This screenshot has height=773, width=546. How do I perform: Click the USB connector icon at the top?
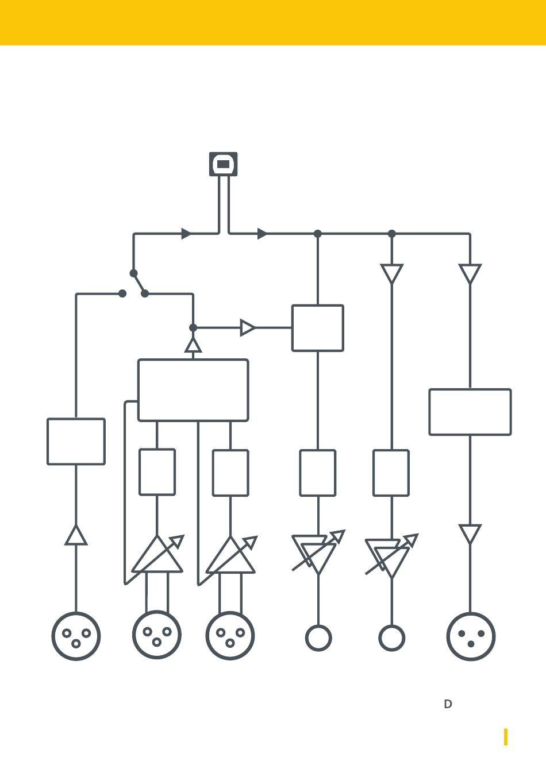[x=223, y=164]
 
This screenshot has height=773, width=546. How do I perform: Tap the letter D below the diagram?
[x=448, y=704]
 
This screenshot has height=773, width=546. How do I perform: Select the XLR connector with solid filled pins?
[x=471, y=637]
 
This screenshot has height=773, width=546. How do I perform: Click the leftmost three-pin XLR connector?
[x=76, y=636]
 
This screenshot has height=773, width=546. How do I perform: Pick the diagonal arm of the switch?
[x=139, y=284]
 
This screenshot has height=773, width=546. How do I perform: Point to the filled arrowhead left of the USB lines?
[x=186, y=234]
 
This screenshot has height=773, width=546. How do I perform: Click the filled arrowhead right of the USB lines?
[x=262, y=234]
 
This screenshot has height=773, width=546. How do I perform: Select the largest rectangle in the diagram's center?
[x=193, y=391]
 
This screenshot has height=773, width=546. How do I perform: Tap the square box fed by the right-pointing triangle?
[x=318, y=328]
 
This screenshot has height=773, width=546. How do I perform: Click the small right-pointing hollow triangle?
[x=247, y=327]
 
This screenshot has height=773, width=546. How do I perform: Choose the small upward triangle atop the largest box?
[x=193, y=345]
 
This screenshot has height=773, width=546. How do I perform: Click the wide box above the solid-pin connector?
[x=470, y=412]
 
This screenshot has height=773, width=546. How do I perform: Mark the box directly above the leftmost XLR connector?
[x=76, y=442]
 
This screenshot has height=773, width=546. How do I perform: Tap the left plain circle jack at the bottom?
[x=318, y=638]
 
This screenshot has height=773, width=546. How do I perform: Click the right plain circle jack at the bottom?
[x=391, y=638]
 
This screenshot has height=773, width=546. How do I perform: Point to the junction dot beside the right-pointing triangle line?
[x=193, y=327]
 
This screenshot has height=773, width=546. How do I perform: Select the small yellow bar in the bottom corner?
[x=506, y=737]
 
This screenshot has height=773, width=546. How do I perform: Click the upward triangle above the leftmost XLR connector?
[x=76, y=536]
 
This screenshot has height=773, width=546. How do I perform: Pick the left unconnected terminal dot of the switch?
[x=122, y=293]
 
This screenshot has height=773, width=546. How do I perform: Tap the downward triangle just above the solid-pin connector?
[x=470, y=534]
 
